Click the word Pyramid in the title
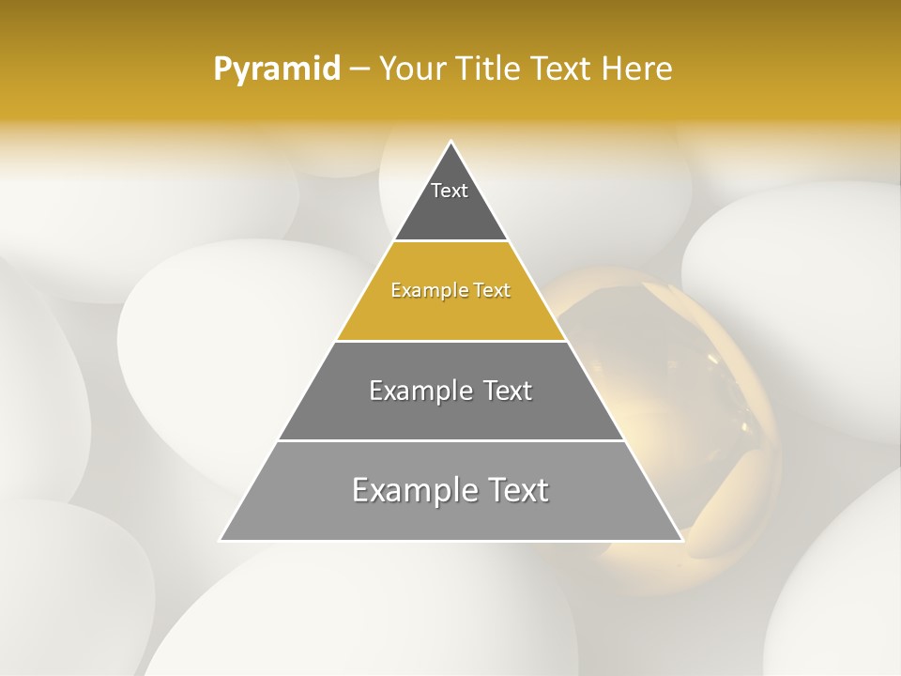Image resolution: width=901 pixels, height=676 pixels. (276, 69)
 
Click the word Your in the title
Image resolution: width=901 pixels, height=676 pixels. (411, 69)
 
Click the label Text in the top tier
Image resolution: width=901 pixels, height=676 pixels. (450, 191)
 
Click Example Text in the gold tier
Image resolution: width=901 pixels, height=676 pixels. (450, 290)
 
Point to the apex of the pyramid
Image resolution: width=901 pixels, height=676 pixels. (451, 143)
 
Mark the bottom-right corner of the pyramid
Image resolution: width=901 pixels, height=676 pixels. (681, 540)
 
